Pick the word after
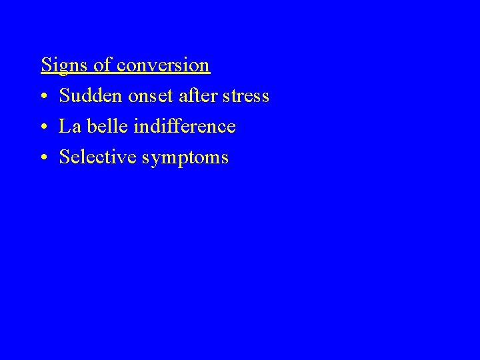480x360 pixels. (199, 96)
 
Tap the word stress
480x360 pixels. (247, 97)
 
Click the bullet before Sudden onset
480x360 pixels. (43, 97)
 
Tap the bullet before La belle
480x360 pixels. (43, 127)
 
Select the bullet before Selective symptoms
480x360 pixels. (43, 158)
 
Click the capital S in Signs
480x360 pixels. (46, 65)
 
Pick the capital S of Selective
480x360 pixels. (64, 157)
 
